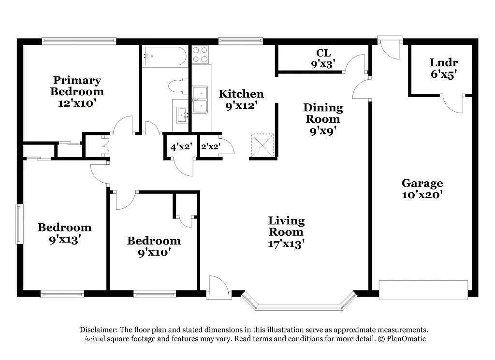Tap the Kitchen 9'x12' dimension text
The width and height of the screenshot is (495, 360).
coord(241,105)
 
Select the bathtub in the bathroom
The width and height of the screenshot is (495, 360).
coord(164,56)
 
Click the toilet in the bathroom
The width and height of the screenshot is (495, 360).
coord(177,86)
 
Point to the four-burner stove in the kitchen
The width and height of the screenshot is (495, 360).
coord(201,54)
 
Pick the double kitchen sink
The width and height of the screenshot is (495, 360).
coord(200,100)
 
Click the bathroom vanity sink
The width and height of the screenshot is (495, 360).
coord(183,115)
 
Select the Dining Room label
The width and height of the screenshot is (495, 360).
coord(323,113)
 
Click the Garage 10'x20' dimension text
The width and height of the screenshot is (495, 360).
coord(422,195)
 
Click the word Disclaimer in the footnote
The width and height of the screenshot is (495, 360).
coord(99,329)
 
